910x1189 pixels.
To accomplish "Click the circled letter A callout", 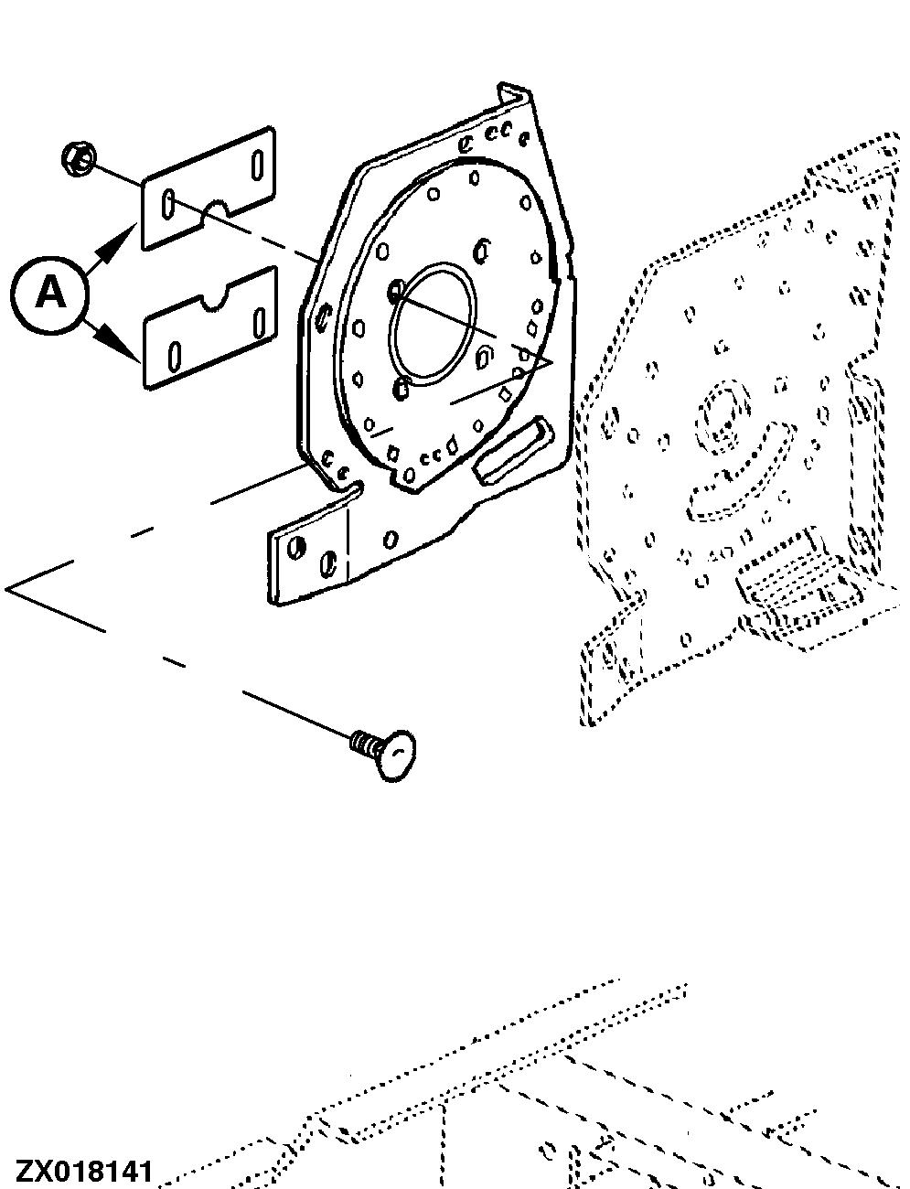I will [51, 294].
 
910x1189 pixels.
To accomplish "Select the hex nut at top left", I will [76, 162].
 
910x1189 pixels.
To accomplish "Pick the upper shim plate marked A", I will [209, 187].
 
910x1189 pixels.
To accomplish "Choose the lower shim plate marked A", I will [209, 327].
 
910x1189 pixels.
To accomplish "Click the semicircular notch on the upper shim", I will [216, 211].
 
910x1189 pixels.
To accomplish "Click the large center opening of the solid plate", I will [434, 325].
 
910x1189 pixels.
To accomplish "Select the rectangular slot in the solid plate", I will [513, 448].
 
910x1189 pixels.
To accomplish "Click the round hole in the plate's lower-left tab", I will [297, 548].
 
